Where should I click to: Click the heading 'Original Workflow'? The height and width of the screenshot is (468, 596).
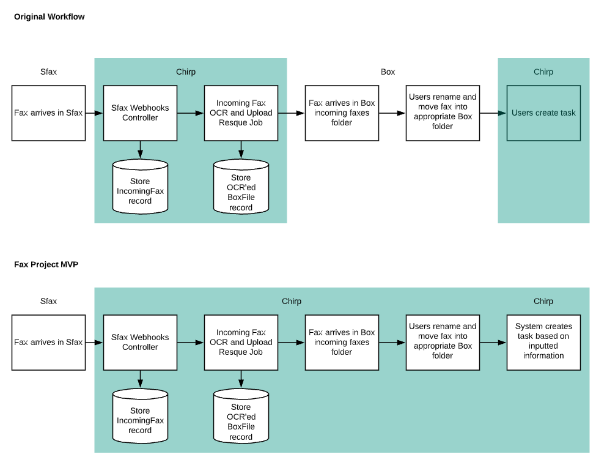[49, 17]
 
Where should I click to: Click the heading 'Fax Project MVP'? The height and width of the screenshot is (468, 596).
[46, 265]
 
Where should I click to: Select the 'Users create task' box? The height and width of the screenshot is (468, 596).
[543, 113]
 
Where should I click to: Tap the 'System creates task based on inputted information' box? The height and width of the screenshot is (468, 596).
[543, 343]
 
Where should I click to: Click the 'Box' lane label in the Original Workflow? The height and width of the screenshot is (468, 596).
[388, 72]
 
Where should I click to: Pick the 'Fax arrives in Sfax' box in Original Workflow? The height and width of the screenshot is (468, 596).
[48, 113]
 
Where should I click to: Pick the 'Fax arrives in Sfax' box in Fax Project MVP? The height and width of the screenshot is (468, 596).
[48, 343]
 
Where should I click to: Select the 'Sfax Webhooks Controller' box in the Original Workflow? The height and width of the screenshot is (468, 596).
[140, 113]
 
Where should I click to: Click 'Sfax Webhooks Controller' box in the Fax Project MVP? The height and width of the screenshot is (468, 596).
[140, 343]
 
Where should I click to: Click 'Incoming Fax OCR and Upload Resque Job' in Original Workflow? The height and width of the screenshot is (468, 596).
[241, 113]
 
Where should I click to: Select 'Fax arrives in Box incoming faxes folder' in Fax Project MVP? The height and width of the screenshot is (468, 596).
[342, 343]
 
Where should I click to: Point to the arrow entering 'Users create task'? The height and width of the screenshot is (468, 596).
[493, 113]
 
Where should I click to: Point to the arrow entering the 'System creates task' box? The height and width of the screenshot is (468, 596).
[493, 343]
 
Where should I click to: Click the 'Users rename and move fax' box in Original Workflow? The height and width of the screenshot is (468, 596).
[443, 113]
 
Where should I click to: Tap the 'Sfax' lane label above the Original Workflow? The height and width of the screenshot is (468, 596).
[48, 72]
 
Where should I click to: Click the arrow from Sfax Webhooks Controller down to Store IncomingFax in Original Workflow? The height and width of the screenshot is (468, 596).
[140, 150]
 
